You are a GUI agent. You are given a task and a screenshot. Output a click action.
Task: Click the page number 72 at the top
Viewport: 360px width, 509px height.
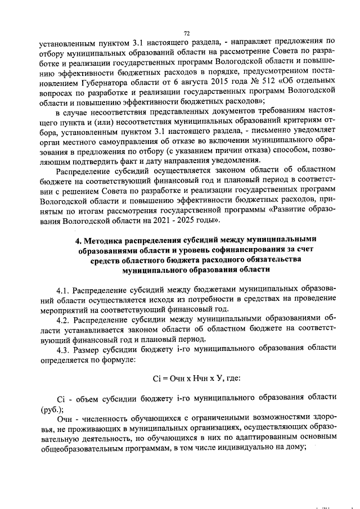pyautogui.click(x=187, y=33)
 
